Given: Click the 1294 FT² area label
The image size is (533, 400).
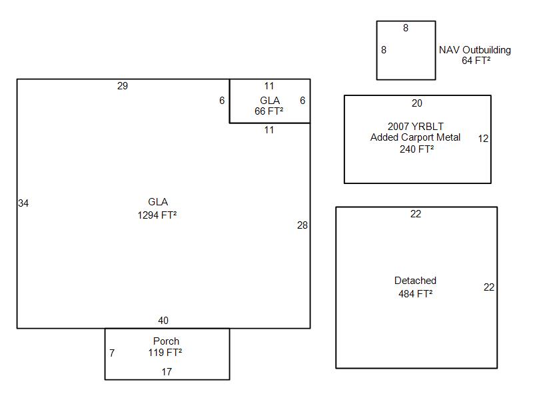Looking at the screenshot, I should [x=157, y=215].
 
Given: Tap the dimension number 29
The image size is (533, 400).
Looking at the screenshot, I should [x=122, y=86].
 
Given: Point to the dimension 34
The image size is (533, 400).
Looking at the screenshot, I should [x=23, y=203].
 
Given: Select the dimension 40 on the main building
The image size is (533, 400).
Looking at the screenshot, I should [x=163, y=321].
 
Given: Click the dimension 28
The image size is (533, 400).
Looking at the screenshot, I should [x=302, y=225].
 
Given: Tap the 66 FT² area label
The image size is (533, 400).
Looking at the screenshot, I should [x=269, y=111].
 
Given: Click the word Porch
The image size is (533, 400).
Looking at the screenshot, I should [x=166, y=341].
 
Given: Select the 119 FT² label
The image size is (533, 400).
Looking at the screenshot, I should [x=165, y=353].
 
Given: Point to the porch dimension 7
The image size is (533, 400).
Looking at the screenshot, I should [x=112, y=353].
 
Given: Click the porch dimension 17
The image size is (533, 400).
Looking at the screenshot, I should [x=167, y=372].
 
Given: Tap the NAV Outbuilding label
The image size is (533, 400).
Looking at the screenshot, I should [x=475, y=50].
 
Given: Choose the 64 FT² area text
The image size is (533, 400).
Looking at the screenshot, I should [x=476, y=61].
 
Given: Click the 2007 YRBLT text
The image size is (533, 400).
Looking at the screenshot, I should [x=416, y=126].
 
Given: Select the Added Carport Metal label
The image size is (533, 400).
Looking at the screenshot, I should [x=415, y=137].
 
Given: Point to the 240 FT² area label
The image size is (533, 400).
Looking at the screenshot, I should [x=417, y=149].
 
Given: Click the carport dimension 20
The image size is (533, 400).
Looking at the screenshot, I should [x=417, y=103].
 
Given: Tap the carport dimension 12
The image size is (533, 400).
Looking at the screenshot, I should [x=483, y=139].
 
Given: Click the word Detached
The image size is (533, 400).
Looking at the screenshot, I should [x=415, y=281].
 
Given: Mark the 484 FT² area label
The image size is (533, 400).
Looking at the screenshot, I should [x=416, y=293].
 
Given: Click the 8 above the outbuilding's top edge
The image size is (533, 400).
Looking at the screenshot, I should [x=406, y=28].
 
